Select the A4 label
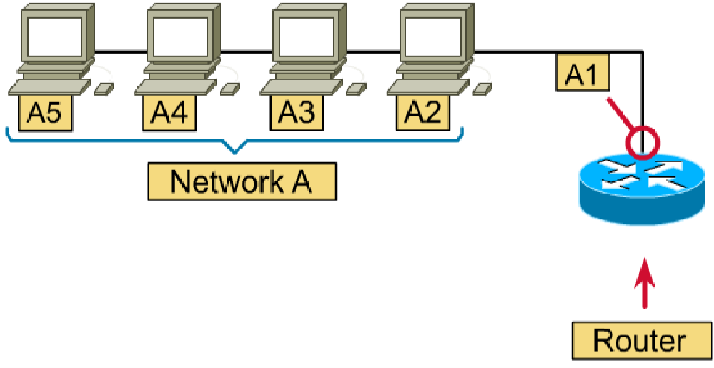[171, 112]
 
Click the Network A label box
[242, 181]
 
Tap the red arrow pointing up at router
[645, 282]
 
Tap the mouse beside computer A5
[104, 89]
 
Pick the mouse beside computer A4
[229, 89]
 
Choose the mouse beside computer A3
[356, 89]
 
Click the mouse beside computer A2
[482, 89]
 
